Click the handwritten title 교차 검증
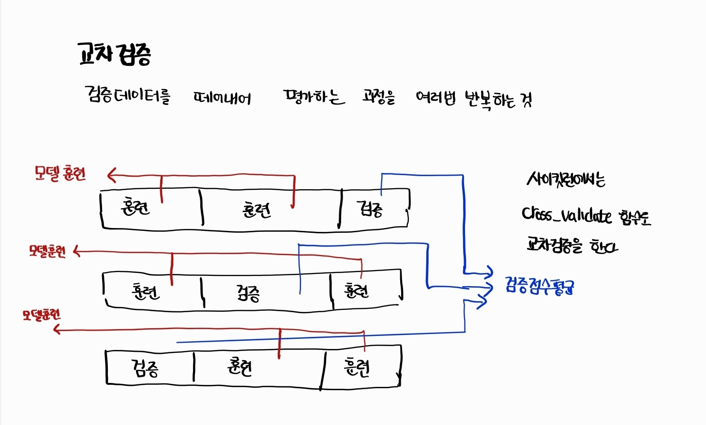pos(114,54)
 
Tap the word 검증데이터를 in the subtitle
pos(127,94)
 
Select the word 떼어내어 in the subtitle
pos(222,98)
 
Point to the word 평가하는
pos(314,97)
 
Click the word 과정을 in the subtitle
pos(379,97)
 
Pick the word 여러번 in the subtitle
pos(436,98)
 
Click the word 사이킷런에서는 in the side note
pos(566,180)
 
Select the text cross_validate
pos(567,215)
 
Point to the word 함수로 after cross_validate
pos(635,217)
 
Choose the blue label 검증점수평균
pos(540,286)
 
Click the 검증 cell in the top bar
pos(370,209)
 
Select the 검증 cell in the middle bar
pos(248,292)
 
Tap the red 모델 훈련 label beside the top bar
pos(60,173)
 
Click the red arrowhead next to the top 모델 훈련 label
pos(112,175)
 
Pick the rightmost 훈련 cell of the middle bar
pos(356,290)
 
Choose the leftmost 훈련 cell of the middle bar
pos(145,291)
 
